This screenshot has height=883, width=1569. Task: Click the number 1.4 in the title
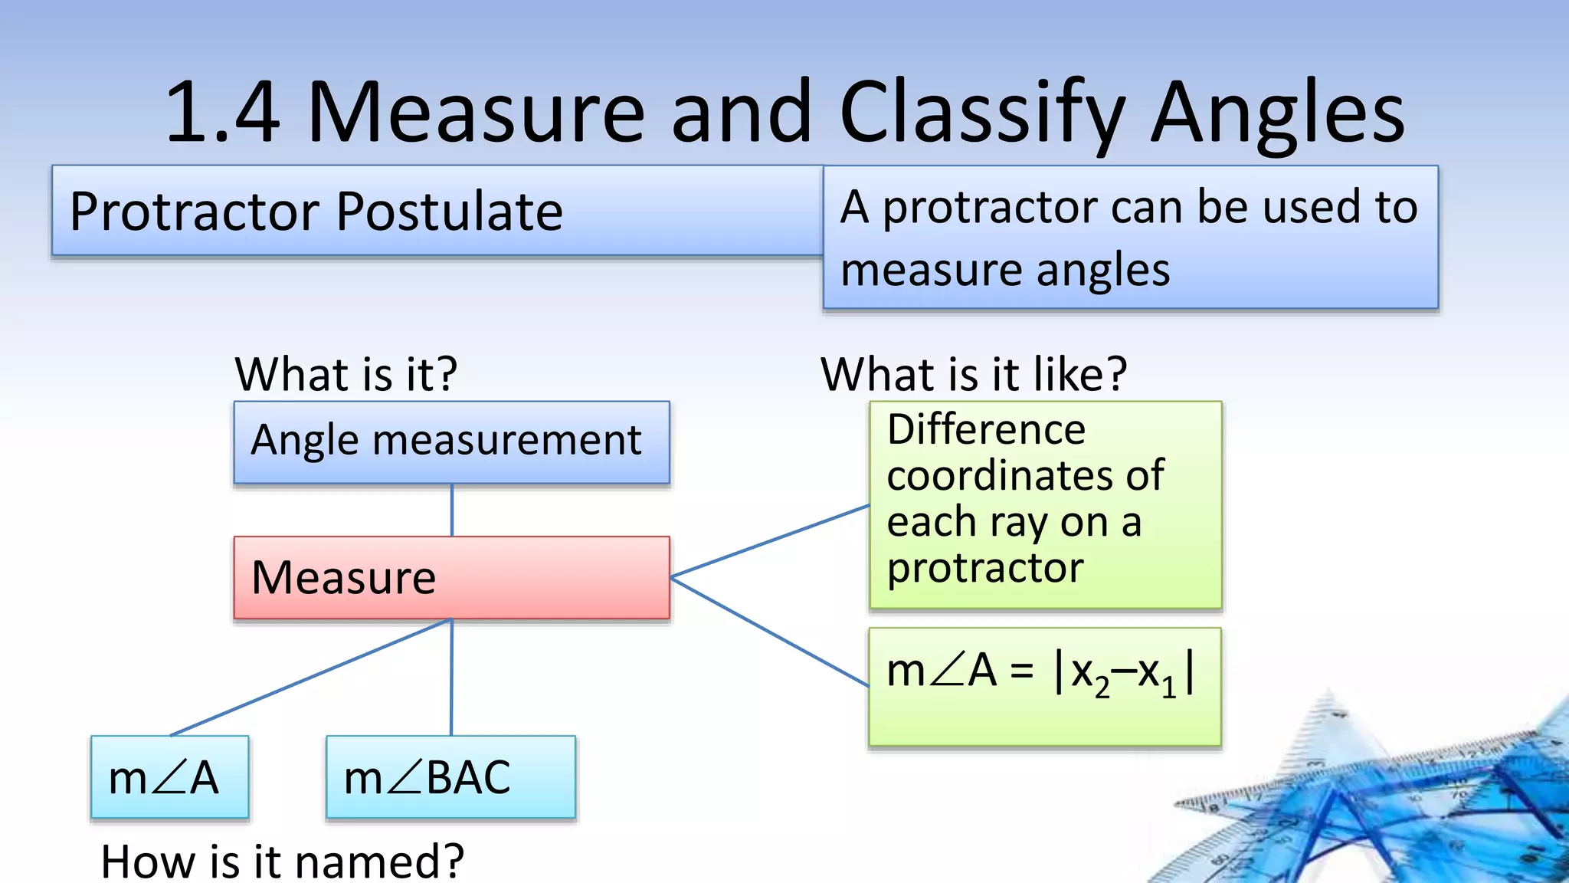(x=222, y=113)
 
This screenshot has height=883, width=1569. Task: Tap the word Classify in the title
(x=981, y=113)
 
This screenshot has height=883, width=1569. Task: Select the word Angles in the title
(x=1277, y=113)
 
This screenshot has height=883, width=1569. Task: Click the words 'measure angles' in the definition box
(x=1005, y=270)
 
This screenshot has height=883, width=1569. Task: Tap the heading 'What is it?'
(x=346, y=374)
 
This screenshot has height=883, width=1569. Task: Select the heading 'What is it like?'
(x=973, y=374)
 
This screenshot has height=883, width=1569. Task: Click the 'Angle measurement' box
(x=451, y=441)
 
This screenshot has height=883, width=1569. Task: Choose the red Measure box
(x=451, y=577)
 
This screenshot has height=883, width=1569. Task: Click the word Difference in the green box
(x=986, y=429)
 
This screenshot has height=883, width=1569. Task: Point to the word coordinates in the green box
(x=1025, y=475)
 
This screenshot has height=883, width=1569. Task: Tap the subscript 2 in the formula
(x=1102, y=688)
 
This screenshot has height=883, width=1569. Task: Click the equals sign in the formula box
(x=1021, y=673)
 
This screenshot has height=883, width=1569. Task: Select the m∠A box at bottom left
(x=169, y=777)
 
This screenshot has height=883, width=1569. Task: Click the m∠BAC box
(x=450, y=777)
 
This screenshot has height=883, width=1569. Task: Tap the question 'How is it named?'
(x=282, y=862)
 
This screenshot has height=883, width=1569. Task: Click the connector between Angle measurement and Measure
(x=452, y=510)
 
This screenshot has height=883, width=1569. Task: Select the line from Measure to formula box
(x=770, y=632)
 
